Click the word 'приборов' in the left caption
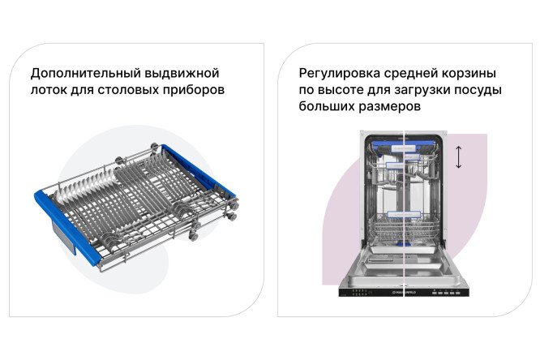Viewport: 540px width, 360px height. click(195, 90)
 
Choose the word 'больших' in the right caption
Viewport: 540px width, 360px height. click(326, 107)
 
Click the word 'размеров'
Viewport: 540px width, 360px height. click(391, 107)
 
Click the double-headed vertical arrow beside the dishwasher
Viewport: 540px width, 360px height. click(458, 156)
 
